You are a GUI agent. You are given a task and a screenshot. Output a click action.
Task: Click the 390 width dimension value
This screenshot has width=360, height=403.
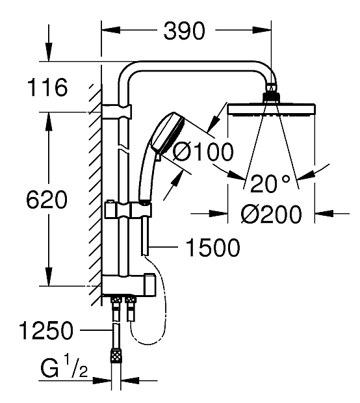click(185, 31)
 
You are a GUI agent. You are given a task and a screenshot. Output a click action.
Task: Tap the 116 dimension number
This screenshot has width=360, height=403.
click(47, 88)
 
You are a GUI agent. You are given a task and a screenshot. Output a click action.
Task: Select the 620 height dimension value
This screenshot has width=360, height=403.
click(47, 200)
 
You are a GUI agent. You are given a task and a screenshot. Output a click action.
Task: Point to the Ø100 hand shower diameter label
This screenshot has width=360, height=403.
click(203, 151)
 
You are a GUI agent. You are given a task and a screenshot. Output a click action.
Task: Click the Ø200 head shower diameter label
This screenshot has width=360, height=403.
click(271, 214)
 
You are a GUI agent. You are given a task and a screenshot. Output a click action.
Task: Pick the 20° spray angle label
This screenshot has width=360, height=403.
click(270, 183)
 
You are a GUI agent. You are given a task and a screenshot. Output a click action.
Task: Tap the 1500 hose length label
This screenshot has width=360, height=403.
click(212, 248)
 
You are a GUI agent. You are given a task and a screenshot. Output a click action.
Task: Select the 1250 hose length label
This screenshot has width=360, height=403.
click(46, 330)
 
